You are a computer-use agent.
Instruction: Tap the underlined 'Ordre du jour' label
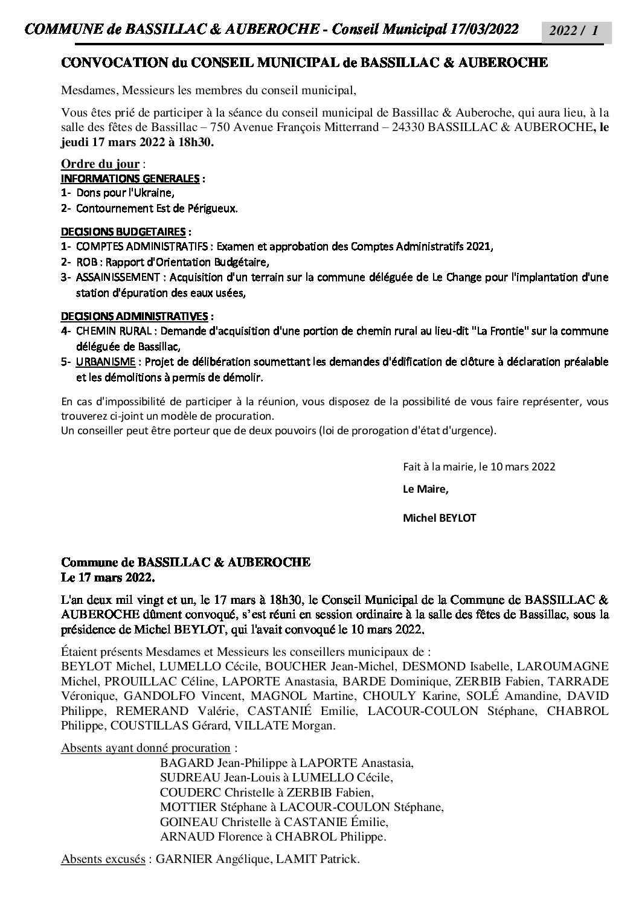(x=100, y=164)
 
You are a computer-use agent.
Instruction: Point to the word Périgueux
(x=213, y=208)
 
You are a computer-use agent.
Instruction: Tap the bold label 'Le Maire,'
(x=426, y=489)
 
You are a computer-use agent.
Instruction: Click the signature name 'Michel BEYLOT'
(x=439, y=518)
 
